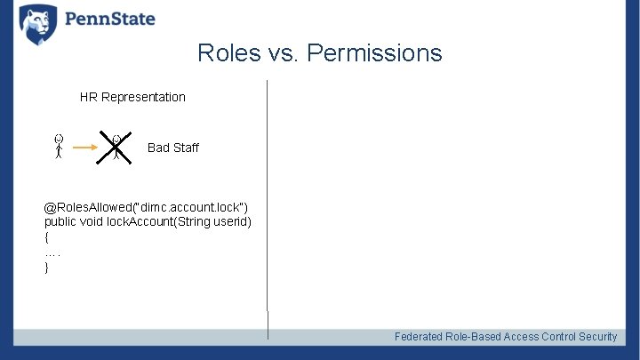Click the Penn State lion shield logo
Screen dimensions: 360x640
pyautogui.click(x=37, y=24)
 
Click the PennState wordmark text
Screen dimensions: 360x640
pyautogui.click(x=108, y=19)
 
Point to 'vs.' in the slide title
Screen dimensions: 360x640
pyautogui.click(x=283, y=53)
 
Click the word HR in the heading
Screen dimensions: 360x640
pyautogui.click(x=89, y=97)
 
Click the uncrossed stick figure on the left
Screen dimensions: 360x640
pyautogui.click(x=58, y=147)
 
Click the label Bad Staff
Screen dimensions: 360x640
pyautogui.click(x=172, y=148)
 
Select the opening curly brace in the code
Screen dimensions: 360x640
pyautogui.click(x=47, y=237)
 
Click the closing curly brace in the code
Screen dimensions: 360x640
pyautogui.click(x=47, y=267)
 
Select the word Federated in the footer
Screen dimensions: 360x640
pyautogui.click(x=421, y=336)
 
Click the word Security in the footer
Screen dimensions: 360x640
pyautogui.click(x=597, y=336)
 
